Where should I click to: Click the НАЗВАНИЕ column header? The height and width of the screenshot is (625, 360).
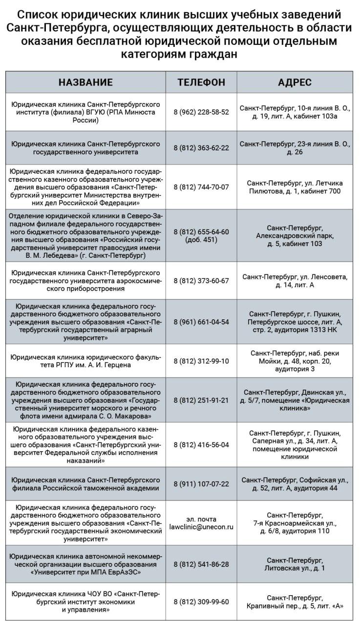pos(85,83)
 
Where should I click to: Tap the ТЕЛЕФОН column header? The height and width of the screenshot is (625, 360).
pos(201,83)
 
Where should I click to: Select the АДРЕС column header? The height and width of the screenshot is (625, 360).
pos(295,83)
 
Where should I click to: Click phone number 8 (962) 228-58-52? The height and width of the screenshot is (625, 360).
pos(201,112)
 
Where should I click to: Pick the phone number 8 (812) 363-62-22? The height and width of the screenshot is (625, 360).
pos(201,148)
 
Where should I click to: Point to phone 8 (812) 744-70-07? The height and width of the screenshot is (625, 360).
pos(201,187)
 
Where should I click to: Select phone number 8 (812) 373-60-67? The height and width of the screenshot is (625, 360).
pos(201,281)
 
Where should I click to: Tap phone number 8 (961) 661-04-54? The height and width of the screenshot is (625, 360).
pos(201,322)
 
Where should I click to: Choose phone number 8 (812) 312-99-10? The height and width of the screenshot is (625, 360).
pos(201,361)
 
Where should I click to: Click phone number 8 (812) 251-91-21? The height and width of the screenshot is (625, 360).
pos(201,400)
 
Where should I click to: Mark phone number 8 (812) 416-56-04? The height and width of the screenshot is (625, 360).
pos(201,444)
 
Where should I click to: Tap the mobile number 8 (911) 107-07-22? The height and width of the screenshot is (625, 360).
pos(201,484)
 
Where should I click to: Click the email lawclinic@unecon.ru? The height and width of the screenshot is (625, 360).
pos(201,527)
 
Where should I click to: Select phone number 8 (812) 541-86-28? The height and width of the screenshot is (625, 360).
pos(201,564)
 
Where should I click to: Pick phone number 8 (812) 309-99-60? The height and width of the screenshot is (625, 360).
pos(201,602)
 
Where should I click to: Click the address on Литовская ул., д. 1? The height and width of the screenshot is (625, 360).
pos(295,564)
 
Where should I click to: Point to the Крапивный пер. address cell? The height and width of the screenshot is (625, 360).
pos(295,602)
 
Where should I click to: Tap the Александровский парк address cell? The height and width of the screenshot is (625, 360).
pos(295,236)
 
